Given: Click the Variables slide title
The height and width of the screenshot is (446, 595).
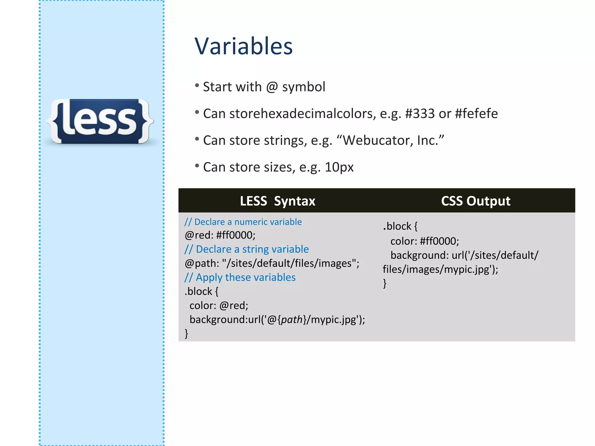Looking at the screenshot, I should pyautogui.click(x=243, y=46).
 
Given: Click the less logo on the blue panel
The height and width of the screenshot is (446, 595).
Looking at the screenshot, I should pyautogui.click(x=100, y=121).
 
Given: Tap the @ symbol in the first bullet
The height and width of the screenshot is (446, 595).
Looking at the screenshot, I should pyautogui.click(x=272, y=87).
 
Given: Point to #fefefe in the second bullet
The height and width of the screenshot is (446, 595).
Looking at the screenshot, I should pyautogui.click(x=476, y=114).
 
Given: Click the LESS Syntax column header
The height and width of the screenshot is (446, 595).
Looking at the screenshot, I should pyautogui.click(x=277, y=201).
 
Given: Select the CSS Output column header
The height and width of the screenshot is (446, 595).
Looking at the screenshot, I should pyautogui.click(x=476, y=201).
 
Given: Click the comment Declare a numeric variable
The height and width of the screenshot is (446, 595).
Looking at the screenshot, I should pyautogui.click(x=243, y=222).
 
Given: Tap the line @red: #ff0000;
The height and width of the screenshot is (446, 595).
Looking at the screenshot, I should pyautogui.click(x=220, y=235).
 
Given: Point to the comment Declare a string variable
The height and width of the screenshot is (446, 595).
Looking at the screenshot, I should pyautogui.click(x=247, y=249).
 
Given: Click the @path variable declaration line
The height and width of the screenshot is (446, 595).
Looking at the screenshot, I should pyautogui.click(x=272, y=263).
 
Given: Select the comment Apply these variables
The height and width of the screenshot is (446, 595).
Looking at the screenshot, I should pyautogui.click(x=240, y=277).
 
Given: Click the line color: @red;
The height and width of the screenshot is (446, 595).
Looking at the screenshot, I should pyautogui.click(x=219, y=305).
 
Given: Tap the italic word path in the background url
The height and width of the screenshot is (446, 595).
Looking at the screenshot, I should pyautogui.click(x=292, y=320).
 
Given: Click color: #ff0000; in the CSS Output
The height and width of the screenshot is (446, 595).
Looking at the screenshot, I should pyautogui.click(x=424, y=241).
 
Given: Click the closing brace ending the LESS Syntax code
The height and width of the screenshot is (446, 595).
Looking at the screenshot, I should pyautogui.click(x=187, y=333).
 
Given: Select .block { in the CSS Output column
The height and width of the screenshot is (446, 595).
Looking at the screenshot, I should pyautogui.click(x=400, y=226).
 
